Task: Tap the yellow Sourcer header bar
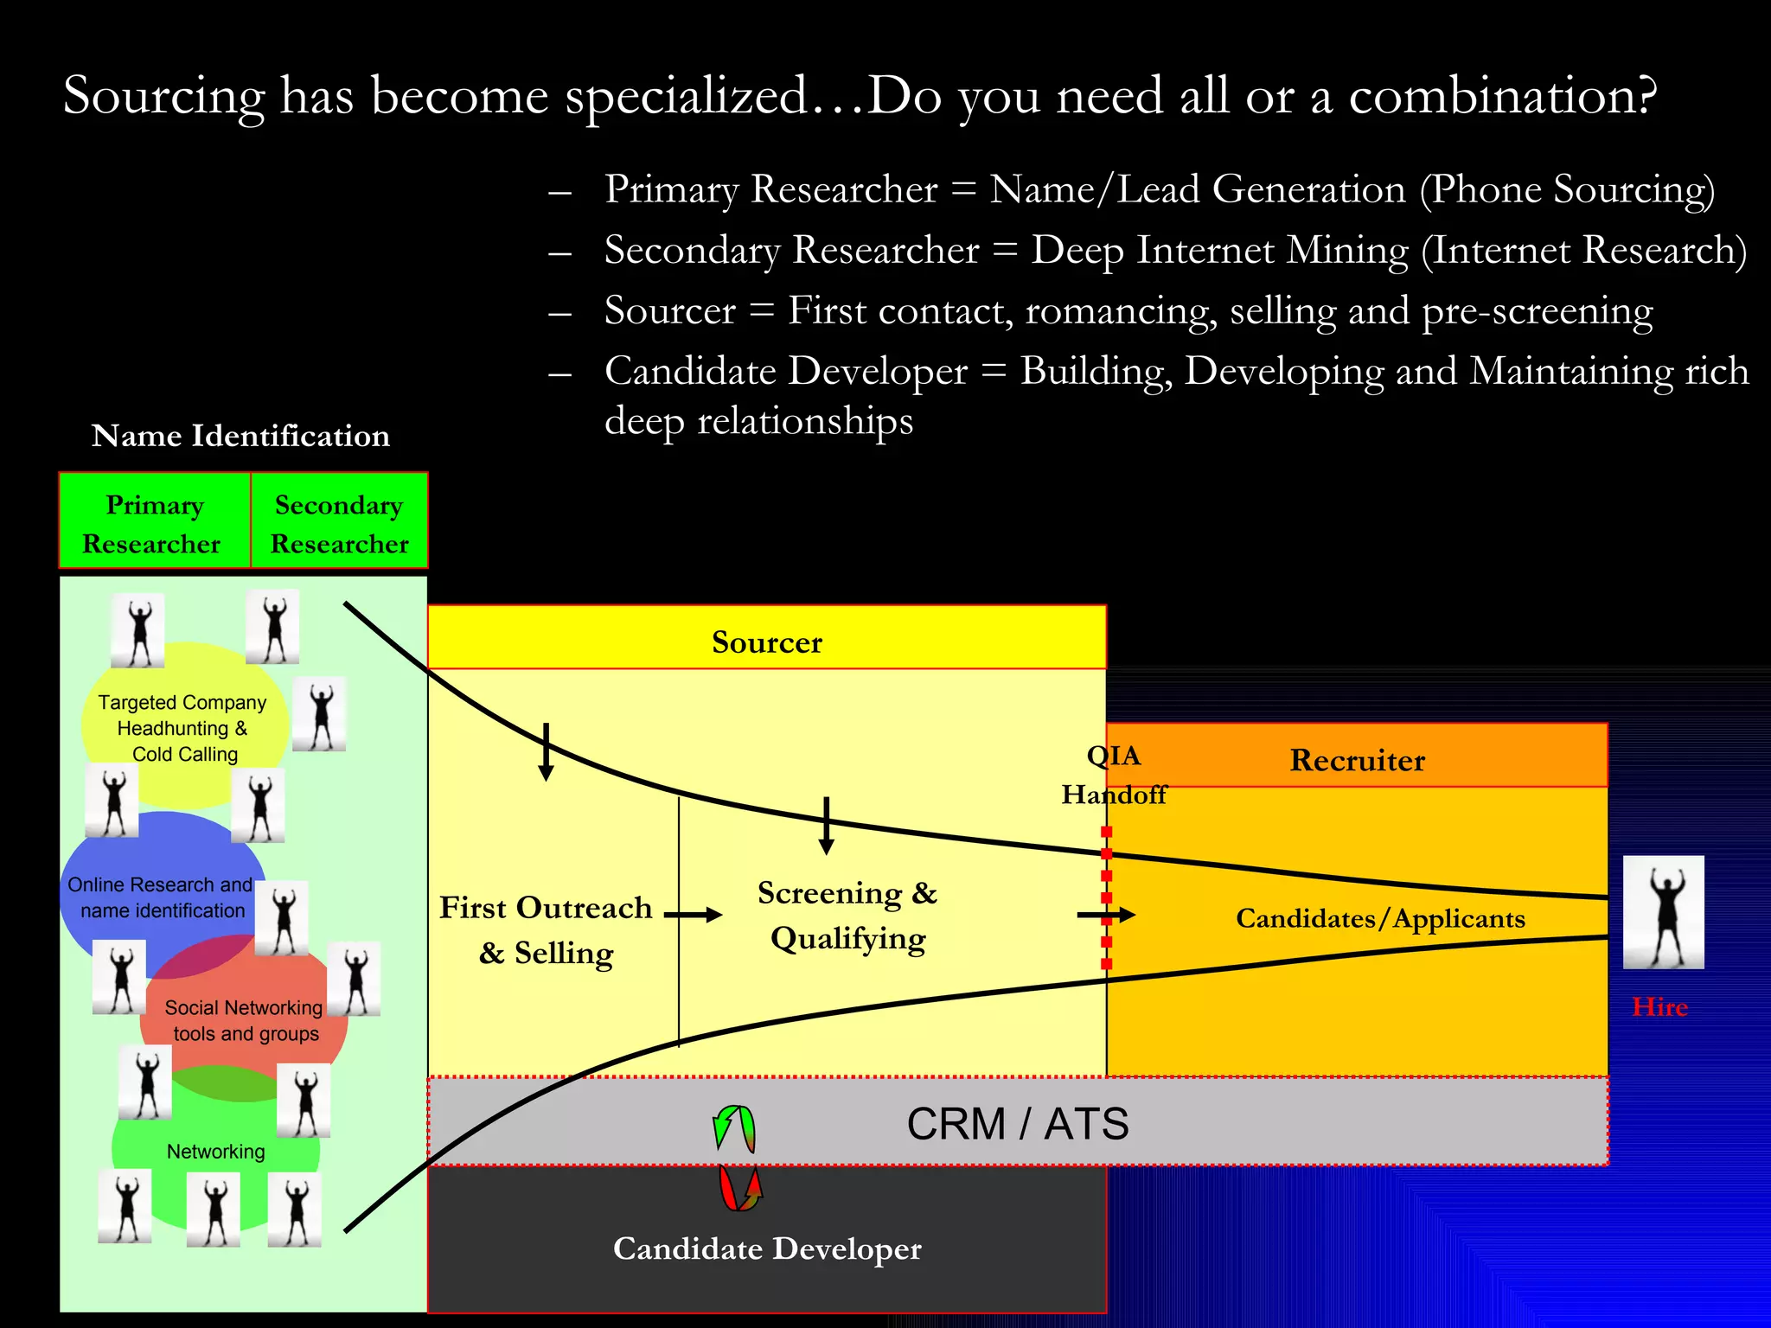pyautogui.click(x=766, y=640)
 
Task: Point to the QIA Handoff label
pyautogui.click(x=1114, y=775)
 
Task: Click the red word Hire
pyautogui.click(x=1659, y=1006)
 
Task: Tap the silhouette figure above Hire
pyautogui.click(x=1663, y=912)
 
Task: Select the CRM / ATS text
pyautogui.click(x=1017, y=1124)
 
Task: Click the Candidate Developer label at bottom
pyautogui.click(x=766, y=1248)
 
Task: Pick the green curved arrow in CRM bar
pyautogui.click(x=734, y=1128)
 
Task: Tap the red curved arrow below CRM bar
pyautogui.click(x=741, y=1188)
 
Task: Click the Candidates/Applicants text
pyautogui.click(x=1380, y=918)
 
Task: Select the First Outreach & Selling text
pyautogui.click(x=546, y=930)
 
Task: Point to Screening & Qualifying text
pyautogui.click(x=847, y=916)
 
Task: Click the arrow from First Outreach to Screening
pyautogui.click(x=694, y=914)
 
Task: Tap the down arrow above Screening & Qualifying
pyautogui.click(x=826, y=826)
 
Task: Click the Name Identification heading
pyautogui.click(x=240, y=435)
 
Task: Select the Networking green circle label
pyautogui.click(x=215, y=1151)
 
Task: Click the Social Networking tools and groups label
pyautogui.click(x=245, y=1020)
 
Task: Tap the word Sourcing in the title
pyautogui.click(x=163, y=95)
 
